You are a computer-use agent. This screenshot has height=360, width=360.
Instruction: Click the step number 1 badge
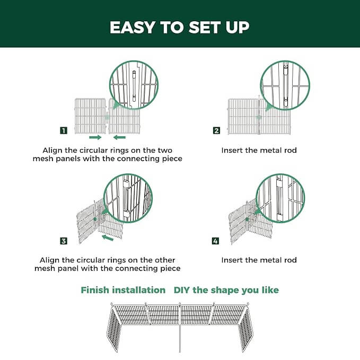pyautogui.click(x=64, y=130)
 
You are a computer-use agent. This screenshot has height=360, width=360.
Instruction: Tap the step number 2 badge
pyautogui.click(x=216, y=130)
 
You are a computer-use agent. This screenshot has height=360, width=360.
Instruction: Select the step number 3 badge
pyautogui.click(x=64, y=241)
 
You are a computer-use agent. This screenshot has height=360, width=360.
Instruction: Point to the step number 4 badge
pyautogui.click(x=215, y=241)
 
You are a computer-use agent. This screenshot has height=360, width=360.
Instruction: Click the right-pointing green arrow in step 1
pyautogui.click(x=95, y=137)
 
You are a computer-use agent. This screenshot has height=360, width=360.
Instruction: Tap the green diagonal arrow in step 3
pyautogui.click(x=108, y=239)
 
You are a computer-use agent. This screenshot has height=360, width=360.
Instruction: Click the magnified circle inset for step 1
pyautogui.click(x=134, y=85)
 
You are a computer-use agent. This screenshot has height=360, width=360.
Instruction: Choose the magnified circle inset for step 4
pyautogui.click(x=280, y=198)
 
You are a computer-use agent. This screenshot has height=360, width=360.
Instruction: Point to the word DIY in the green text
pyautogui.click(x=183, y=290)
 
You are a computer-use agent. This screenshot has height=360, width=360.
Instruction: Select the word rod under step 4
pyautogui.click(x=291, y=260)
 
